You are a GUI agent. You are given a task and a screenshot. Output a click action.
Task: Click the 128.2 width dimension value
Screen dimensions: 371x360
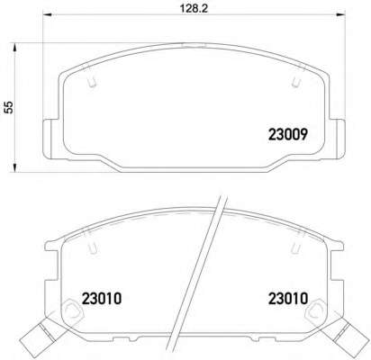click(194, 8)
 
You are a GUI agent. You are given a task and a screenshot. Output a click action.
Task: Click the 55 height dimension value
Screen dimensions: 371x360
click(10, 107)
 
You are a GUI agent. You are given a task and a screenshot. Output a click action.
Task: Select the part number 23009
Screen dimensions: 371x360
click(288, 134)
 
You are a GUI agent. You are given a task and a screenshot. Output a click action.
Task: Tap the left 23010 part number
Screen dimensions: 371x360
click(102, 299)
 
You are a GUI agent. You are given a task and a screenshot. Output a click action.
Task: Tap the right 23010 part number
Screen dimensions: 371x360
click(288, 299)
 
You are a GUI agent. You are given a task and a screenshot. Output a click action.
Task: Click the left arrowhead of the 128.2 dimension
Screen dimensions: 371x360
click(48, 14)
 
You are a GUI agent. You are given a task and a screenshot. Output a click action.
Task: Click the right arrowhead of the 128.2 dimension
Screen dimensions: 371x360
click(340, 14)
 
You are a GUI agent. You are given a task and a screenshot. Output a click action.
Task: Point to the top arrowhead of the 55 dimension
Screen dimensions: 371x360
click(14, 48)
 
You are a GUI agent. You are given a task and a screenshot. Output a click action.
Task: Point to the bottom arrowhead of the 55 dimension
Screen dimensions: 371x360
click(14, 167)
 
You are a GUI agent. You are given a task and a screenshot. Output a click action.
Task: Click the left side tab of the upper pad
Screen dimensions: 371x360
click(48, 138)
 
